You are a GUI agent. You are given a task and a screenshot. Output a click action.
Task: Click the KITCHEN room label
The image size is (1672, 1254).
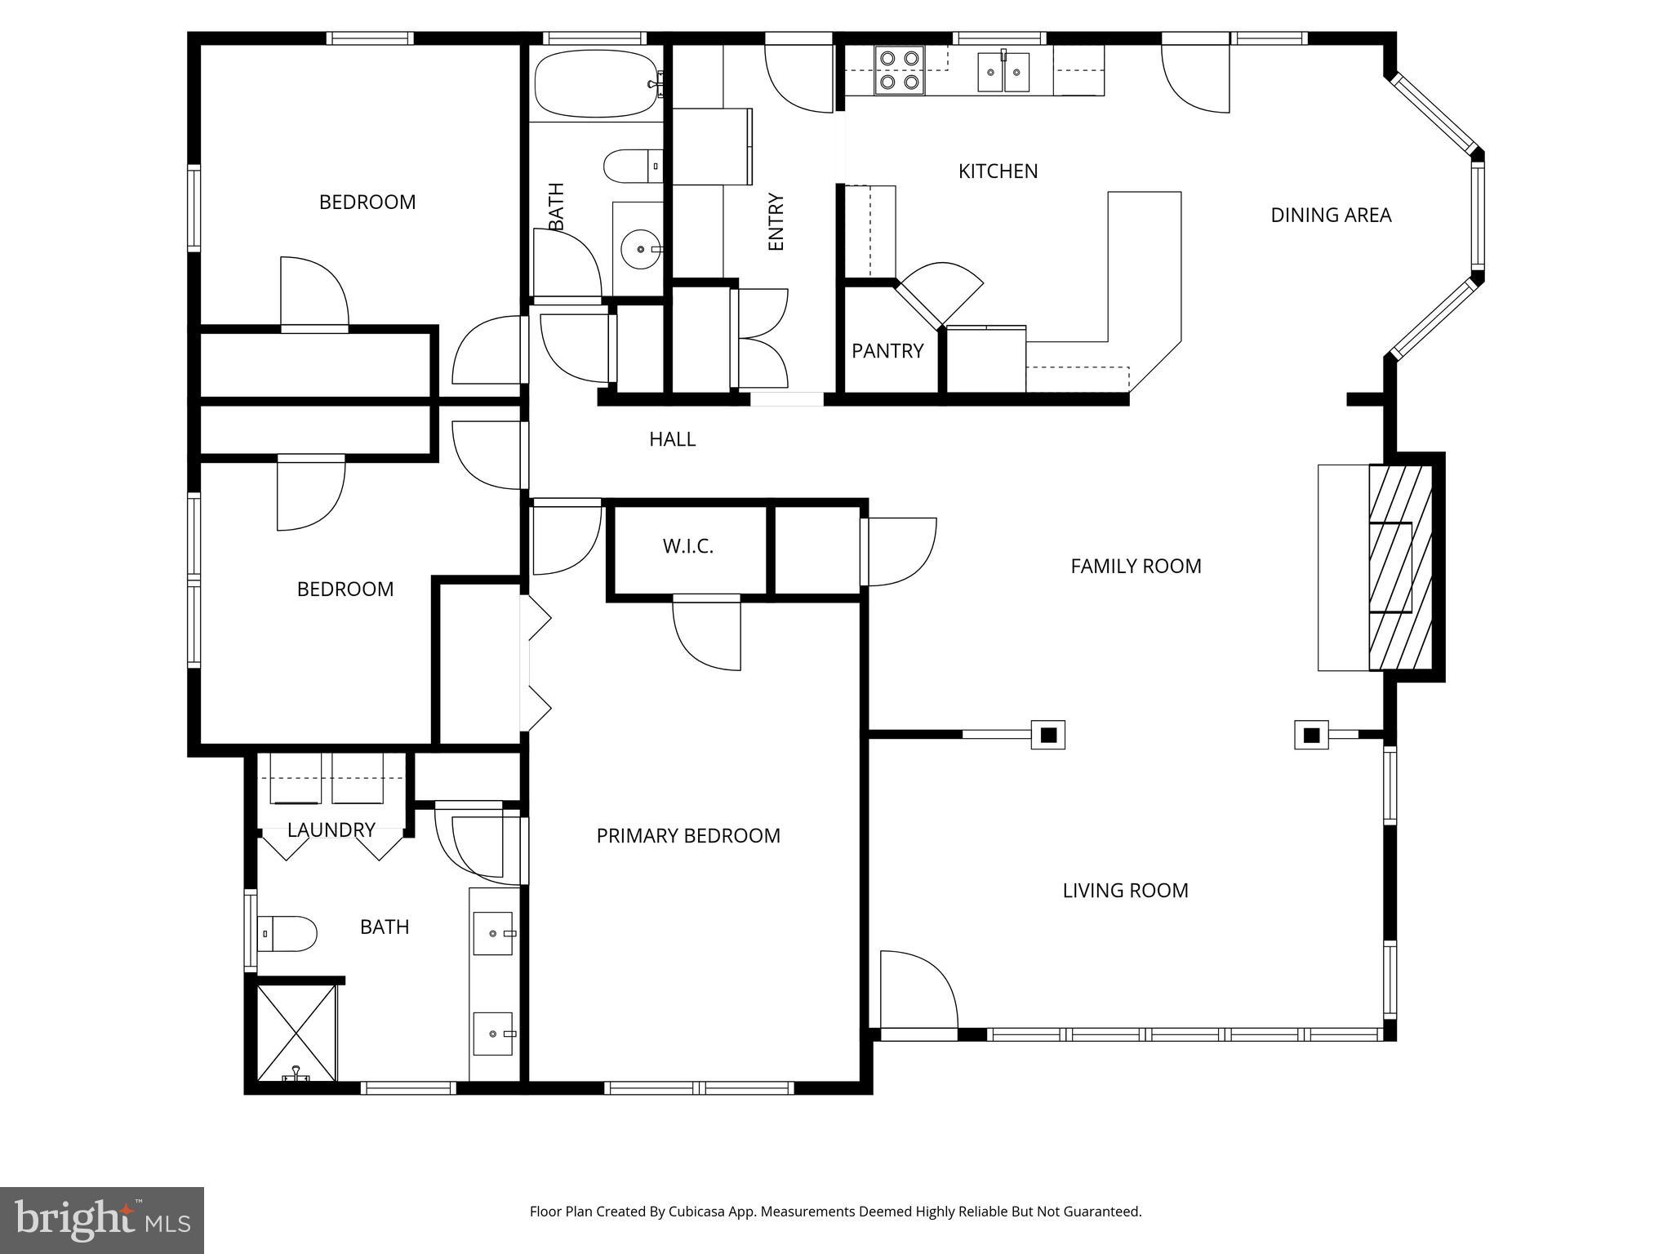click(x=998, y=171)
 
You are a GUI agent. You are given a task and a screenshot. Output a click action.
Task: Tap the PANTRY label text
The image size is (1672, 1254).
click(x=887, y=351)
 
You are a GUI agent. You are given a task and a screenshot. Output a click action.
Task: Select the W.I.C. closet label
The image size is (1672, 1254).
click(x=687, y=547)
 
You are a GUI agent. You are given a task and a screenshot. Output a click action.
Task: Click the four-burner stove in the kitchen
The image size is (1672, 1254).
click(x=899, y=70)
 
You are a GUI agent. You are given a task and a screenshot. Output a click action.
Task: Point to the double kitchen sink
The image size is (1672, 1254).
click(x=1004, y=72)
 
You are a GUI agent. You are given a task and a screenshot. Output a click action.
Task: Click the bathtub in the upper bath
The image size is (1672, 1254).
click(x=596, y=84)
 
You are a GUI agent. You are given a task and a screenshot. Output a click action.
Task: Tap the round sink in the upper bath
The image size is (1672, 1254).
click(x=641, y=248)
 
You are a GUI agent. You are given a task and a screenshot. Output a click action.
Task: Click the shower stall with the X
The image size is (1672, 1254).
click(x=296, y=1033)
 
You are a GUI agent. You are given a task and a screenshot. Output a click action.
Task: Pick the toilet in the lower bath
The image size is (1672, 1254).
click(x=287, y=933)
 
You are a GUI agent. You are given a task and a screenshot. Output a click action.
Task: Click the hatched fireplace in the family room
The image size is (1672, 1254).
click(x=1400, y=567)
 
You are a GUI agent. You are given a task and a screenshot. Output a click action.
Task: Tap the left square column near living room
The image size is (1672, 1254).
click(x=1048, y=735)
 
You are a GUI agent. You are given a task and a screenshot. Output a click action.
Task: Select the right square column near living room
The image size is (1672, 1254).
click(x=1311, y=735)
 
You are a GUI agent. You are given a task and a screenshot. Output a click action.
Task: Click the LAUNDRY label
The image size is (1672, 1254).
click(x=331, y=830)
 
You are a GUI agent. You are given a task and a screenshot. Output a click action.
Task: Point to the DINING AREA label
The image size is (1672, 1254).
click(x=1331, y=216)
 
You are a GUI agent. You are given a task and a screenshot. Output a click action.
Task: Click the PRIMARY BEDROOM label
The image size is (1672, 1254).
click(x=687, y=836)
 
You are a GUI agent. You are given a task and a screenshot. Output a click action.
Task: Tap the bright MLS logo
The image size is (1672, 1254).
click(x=102, y=1221)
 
